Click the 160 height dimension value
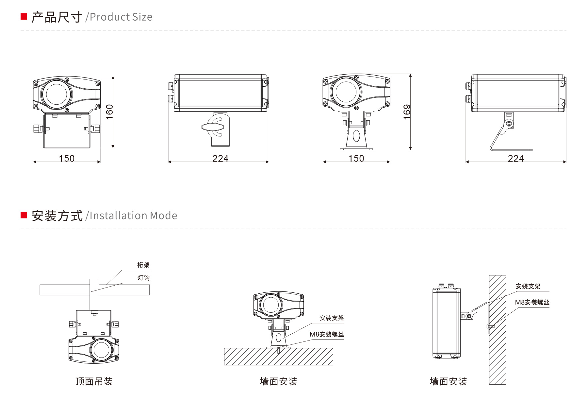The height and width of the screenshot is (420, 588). tap(110, 112)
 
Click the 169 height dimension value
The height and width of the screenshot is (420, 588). tap(407, 112)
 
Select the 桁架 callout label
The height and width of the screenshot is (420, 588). tap(143, 265)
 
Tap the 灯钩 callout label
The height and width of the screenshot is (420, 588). tap(143, 278)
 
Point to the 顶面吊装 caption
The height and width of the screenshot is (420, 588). tap(94, 381)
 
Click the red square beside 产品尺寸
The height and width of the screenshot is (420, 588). tap(24, 16)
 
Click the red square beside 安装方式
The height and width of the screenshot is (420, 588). tap(24, 215)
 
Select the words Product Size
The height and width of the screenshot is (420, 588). tap(121, 17)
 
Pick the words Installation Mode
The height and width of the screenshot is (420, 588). tap(133, 216)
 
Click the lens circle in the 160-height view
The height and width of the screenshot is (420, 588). tap(57, 94)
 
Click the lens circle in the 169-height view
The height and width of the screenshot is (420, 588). tap(346, 92)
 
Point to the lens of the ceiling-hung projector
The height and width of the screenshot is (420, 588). tap(101, 349)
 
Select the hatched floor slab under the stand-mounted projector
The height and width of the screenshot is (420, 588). tap(278, 357)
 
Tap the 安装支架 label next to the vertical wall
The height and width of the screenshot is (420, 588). tap(528, 287)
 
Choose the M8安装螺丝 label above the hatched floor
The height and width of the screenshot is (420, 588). tap(327, 334)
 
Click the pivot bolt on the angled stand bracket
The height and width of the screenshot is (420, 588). tap(509, 124)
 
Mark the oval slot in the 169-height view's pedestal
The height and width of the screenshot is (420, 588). tap(356, 136)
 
